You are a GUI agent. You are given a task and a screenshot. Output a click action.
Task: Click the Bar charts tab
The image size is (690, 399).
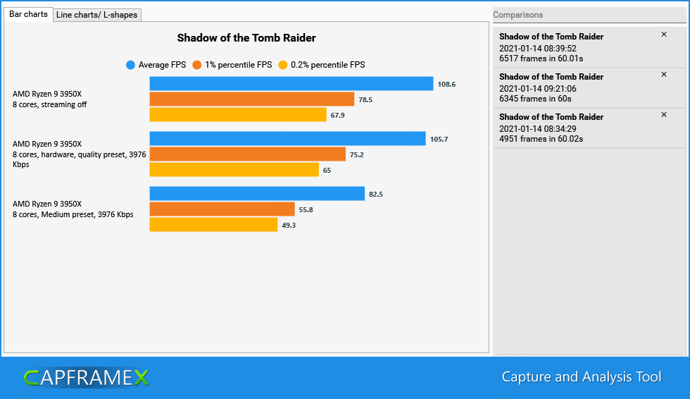coord(28,14)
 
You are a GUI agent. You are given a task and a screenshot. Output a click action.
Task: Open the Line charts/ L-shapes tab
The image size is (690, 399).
coord(97,15)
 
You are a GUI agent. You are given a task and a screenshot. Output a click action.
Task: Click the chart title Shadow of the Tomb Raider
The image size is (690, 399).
coord(246,38)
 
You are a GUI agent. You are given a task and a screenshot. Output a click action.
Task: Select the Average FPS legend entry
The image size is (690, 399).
coord(156,65)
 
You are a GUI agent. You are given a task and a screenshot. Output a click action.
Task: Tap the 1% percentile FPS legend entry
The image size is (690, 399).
coord(232,65)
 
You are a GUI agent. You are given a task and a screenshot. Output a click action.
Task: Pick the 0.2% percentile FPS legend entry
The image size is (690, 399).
coord(322,65)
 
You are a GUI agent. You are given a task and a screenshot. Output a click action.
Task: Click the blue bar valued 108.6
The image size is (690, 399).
coord(291,84)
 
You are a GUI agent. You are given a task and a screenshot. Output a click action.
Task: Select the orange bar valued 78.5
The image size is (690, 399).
coord(251,99)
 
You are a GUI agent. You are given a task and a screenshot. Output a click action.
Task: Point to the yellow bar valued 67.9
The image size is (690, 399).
coord(237,115)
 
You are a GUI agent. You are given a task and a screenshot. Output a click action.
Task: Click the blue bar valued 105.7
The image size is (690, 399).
coord(287,139)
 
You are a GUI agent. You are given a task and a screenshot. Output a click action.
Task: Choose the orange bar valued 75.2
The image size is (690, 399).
coord(247,154)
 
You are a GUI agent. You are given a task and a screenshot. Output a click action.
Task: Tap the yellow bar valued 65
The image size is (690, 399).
coord(234,170)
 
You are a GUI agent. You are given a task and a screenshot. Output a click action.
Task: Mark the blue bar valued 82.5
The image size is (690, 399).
coord(257,194)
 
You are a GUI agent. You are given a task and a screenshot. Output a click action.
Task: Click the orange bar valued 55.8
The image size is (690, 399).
coord(222,209)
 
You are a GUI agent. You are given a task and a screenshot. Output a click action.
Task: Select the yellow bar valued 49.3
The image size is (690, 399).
coord(213,225)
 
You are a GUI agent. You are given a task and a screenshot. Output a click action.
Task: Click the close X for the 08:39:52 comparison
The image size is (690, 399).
coord(663,35)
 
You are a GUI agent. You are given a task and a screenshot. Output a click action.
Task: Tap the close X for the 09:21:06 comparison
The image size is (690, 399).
coord(663,75)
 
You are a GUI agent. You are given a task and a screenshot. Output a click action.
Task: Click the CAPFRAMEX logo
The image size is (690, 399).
coord(86,378)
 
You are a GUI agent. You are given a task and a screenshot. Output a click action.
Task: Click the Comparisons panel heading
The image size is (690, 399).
coord(518,15)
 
